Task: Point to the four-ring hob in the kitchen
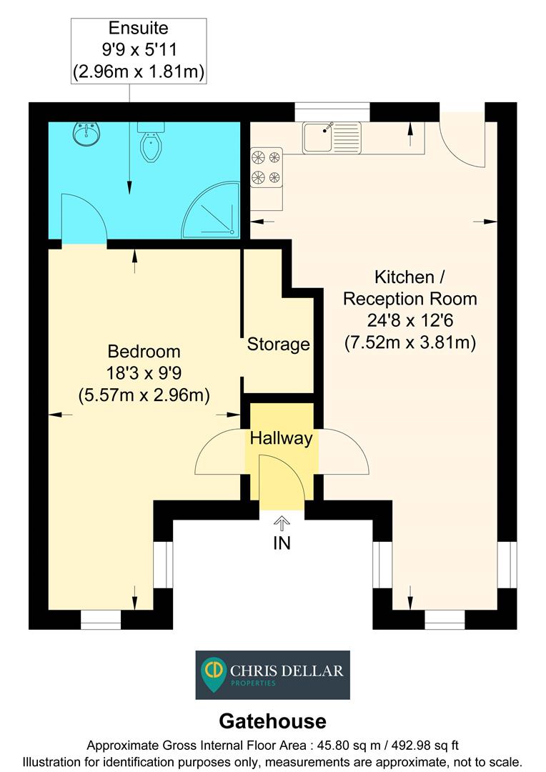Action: click(x=267, y=167)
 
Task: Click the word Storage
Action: click(x=278, y=345)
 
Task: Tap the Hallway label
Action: click(x=281, y=438)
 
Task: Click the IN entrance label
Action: click(x=282, y=543)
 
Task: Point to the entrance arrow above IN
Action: click(x=282, y=524)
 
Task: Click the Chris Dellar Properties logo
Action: click(x=273, y=675)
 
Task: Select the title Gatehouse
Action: click(x=272, y=721)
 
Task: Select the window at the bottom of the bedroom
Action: click(x=101, y=619)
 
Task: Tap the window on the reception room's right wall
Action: click(x=507, y=564)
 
